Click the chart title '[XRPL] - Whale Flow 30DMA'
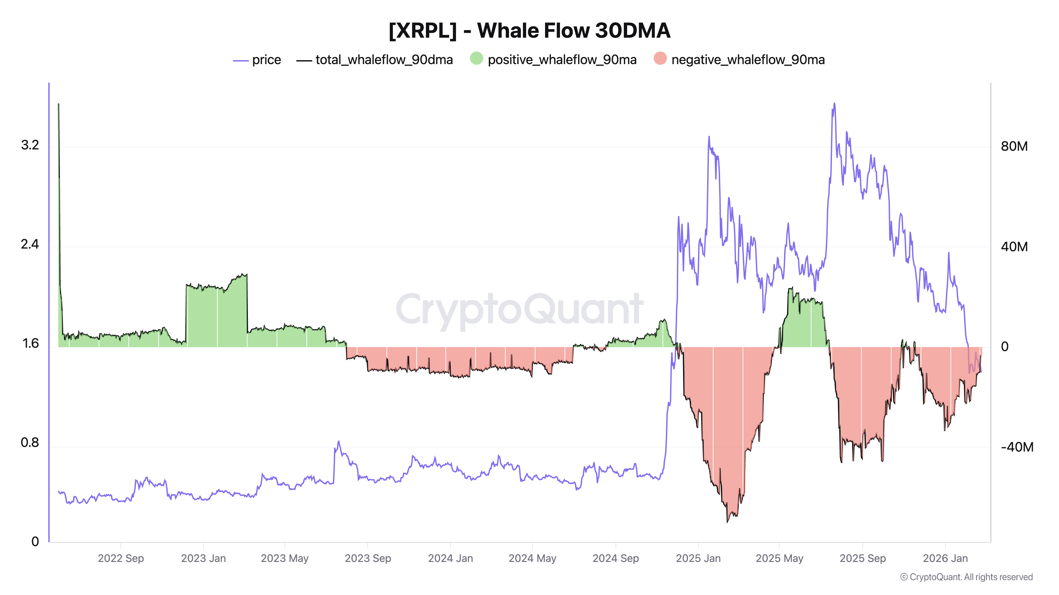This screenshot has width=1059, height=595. (x=529, y=31)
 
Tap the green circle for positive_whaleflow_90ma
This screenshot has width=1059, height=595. (x=477, y=59)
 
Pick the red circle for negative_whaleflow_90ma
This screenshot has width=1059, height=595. (x=660, y=59)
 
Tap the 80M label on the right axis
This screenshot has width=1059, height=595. (x=1014, y=146)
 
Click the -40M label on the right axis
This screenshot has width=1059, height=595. (x=1017, y=447)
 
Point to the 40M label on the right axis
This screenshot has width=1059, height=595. (x=1014, y=247)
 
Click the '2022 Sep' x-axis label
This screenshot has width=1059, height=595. (x=121, y=558)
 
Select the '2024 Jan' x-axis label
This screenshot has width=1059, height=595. (x=450, y=558)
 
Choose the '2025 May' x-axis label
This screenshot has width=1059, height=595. (x=779, y=558)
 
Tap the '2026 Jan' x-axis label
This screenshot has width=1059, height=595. (x=945, y=558)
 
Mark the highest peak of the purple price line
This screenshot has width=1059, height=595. (x=834, y=103)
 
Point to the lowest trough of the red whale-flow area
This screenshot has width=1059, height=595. (x=727, y=522)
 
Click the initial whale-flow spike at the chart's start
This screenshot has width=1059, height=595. (x=58, y=105)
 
